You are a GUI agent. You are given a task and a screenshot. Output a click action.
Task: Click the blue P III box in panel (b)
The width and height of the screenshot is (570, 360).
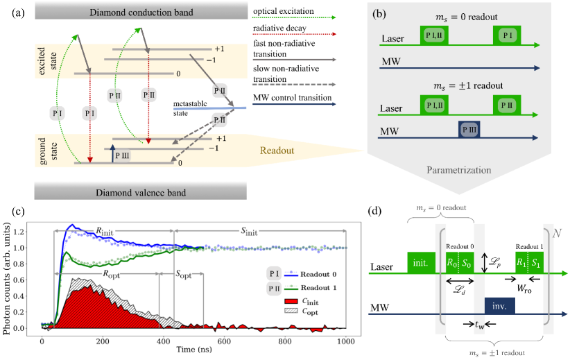[469, 130]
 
